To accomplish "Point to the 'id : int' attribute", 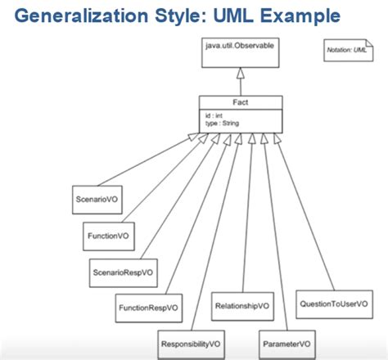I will (214, 115).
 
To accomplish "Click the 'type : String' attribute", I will (221, 122).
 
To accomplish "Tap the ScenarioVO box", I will (92, 199).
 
